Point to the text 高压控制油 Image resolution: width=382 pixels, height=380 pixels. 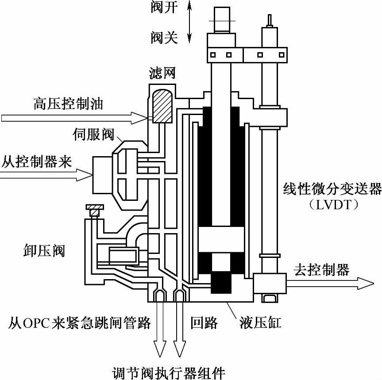click(68, 104)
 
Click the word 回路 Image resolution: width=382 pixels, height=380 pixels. click(204, 323)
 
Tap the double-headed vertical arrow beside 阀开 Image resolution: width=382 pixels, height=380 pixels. click(190, 22)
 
